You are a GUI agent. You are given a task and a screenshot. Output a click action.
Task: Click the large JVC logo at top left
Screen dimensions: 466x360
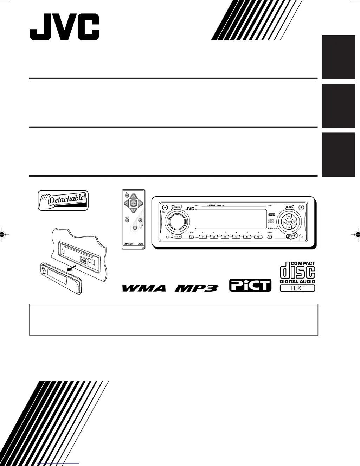tap(64, 27)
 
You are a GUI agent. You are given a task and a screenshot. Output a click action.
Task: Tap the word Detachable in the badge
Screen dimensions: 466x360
tap(66, 199)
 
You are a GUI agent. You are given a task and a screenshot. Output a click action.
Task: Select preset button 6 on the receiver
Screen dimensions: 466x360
tap(258, 237)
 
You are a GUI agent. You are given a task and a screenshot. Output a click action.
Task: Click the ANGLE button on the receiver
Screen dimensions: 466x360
tap(176, 208)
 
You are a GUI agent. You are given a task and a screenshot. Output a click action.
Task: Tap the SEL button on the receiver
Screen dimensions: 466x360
tap(176, 236)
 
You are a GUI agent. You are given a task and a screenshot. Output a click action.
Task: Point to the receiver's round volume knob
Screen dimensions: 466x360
tap(174, 222)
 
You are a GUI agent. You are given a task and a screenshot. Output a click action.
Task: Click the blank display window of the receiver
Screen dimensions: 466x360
tap(230, 219)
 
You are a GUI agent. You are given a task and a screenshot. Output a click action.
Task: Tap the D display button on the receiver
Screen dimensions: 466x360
tap(192, 237)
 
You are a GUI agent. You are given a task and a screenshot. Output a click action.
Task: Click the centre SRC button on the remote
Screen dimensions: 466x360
tap(133, 203)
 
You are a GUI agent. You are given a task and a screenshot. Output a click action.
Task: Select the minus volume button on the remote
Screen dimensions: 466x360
tap(134, 228)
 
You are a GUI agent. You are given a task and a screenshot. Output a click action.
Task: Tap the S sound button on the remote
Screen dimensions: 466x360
tap(127, 221)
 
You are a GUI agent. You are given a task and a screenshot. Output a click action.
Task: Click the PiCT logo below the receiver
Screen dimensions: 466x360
tap(250, 285)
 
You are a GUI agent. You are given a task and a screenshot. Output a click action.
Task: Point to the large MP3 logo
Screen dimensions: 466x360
tap(197, 288)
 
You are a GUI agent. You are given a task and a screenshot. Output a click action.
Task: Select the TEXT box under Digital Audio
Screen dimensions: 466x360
tap(297, 288)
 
